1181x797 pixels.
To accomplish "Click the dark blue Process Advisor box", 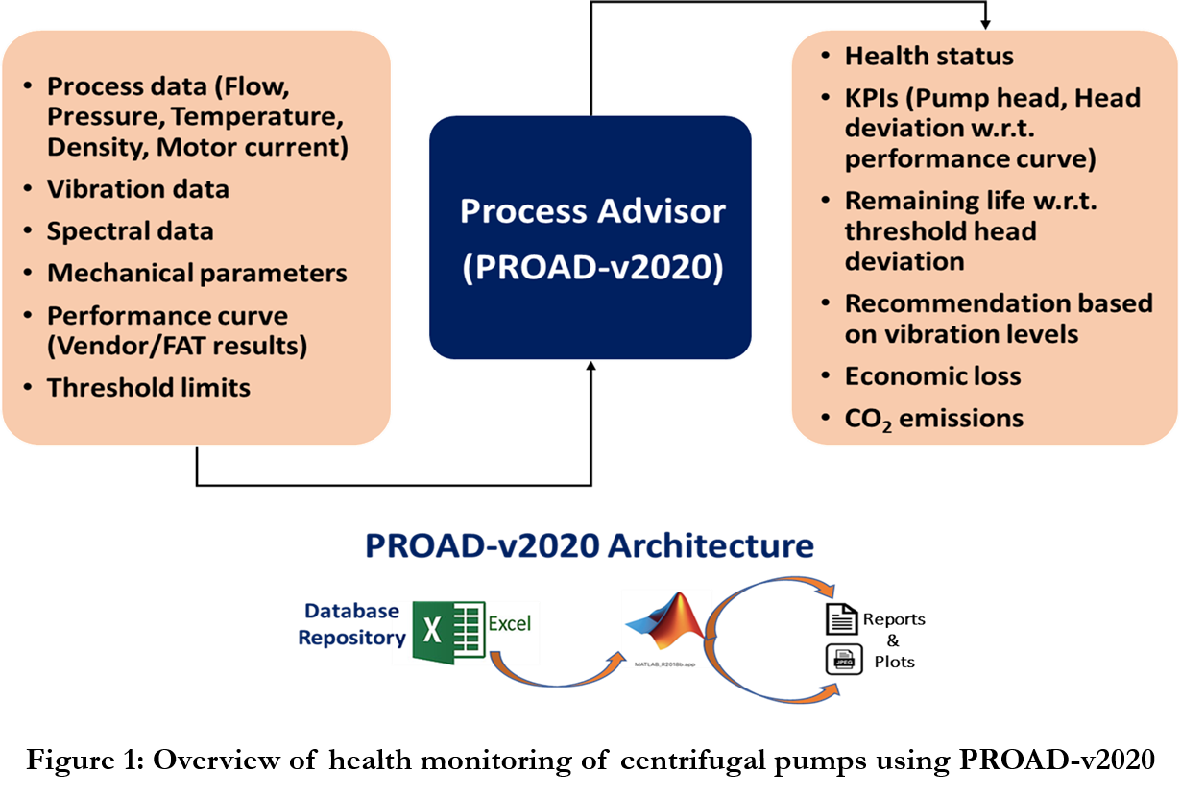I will pos(590,237).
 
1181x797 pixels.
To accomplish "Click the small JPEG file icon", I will pos(844,659).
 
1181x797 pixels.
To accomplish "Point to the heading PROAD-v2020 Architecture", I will pos(589,545).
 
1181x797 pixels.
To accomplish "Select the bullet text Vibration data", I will pos(138,189).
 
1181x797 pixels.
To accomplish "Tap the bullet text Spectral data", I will pos(131,231).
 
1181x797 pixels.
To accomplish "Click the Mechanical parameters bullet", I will pos(197,273).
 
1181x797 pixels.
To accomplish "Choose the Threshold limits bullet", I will pos(149,388).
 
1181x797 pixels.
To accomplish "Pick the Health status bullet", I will pos(928,57).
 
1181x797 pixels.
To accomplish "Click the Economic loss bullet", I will pos(932,376).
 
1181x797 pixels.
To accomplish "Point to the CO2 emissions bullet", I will pos(933,419).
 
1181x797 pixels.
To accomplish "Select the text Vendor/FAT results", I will pos(178,346).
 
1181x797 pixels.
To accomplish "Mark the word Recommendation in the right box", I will pos(939,303).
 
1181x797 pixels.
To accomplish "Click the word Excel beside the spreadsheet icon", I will pos(510,623).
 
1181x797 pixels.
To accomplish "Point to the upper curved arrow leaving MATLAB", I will pos(768,587).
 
